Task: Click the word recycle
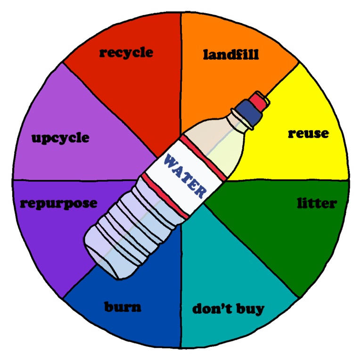(126, 52)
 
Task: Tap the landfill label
(231, 55)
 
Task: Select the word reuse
(308, 134)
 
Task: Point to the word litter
(317, 204)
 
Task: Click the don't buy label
(228, 309)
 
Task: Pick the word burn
(123, 308)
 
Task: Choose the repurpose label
(58, 204)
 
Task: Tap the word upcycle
(60, 138)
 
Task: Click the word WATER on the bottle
(184, 177)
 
